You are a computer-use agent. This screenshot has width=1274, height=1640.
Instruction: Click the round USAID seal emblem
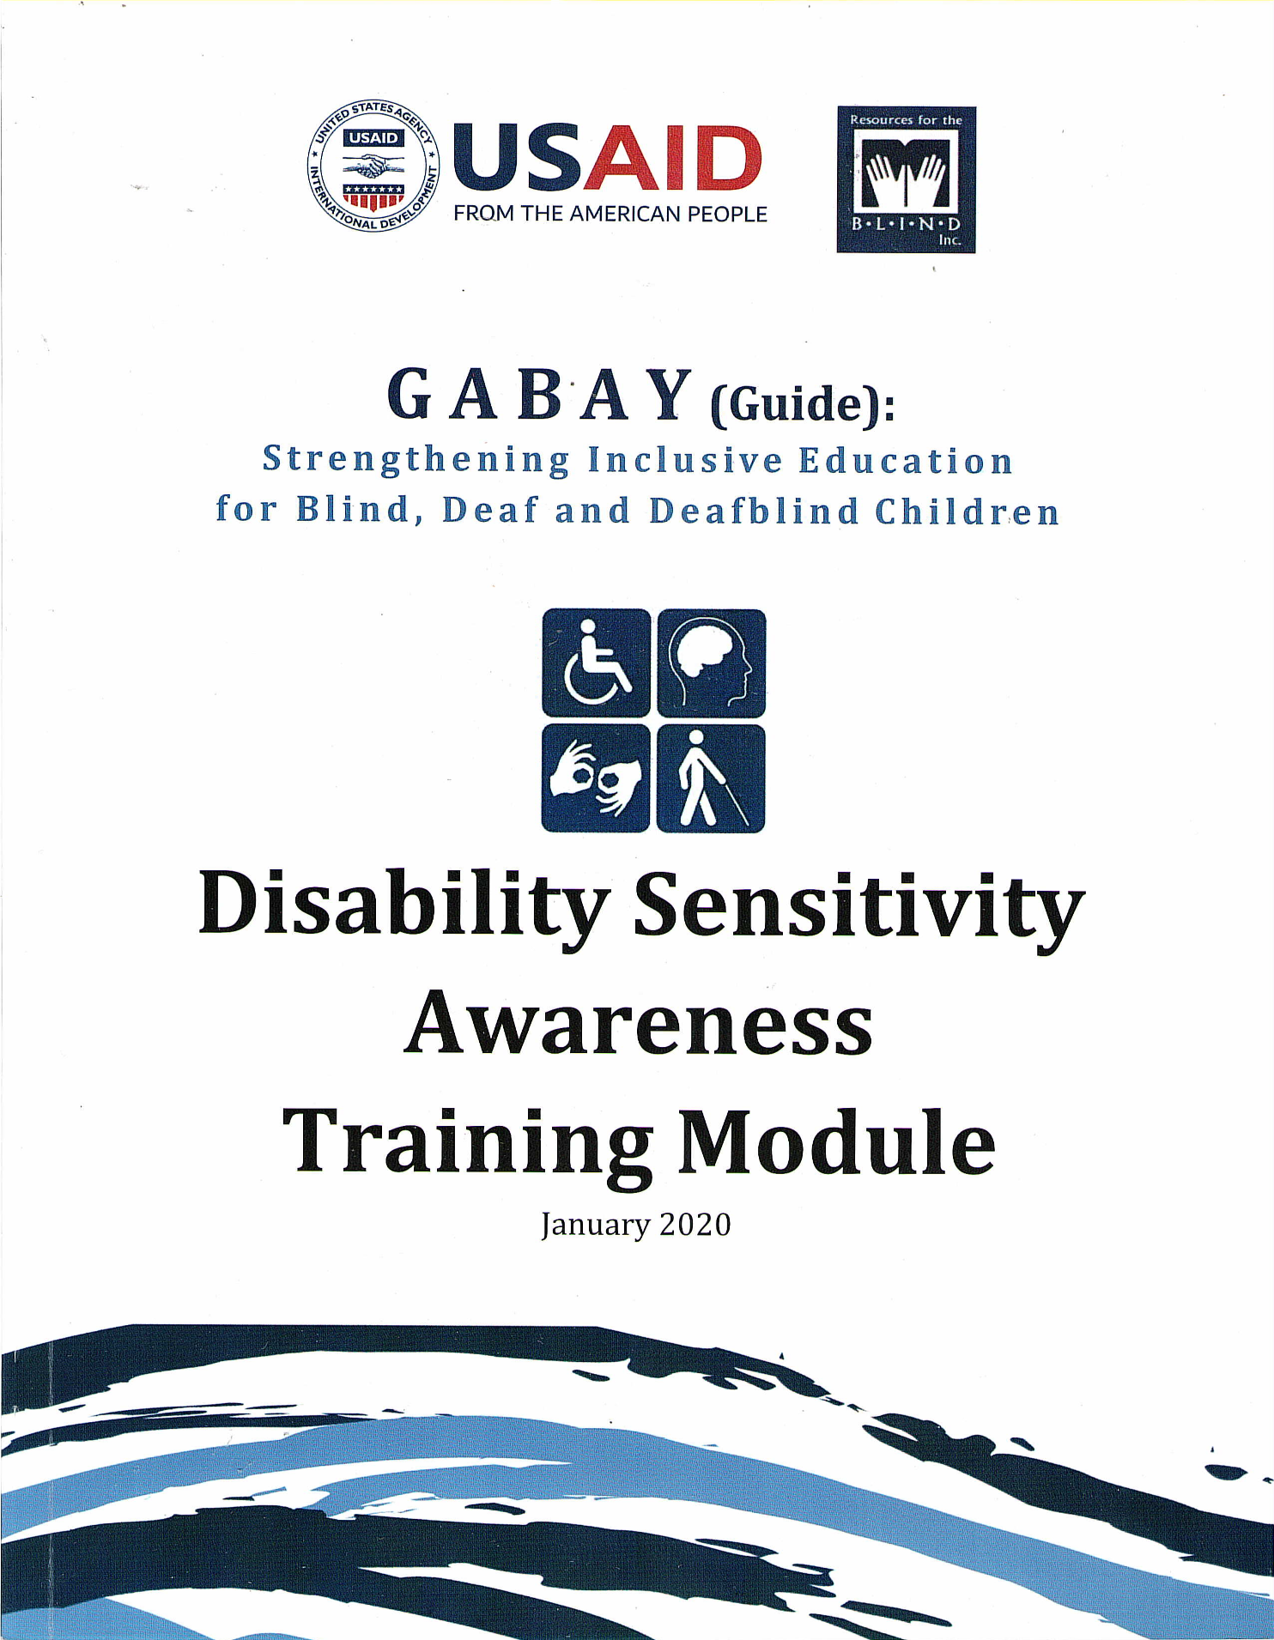(373, 165)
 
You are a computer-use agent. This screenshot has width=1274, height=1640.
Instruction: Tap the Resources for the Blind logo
(906, 179)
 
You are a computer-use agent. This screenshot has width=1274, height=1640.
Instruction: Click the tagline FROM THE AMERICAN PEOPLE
(610, 214)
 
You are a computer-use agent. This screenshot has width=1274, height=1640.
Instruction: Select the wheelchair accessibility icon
(596, 663)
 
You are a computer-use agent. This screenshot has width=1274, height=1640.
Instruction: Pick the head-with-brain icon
(711, 663)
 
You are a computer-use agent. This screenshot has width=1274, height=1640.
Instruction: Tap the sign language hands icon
(596, 778)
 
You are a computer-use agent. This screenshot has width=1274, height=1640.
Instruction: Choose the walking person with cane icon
(711, 778)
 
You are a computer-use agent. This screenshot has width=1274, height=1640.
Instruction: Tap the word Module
(837, 1141)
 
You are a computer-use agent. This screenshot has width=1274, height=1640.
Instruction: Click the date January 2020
(636, 1224)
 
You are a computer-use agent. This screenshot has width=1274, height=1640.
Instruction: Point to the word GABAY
(540, 395)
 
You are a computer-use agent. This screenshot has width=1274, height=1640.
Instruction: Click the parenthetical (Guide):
(803, 403)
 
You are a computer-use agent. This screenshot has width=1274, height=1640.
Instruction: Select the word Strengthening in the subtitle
(416, 461)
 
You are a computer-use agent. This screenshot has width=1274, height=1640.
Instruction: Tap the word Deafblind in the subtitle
(754, 511)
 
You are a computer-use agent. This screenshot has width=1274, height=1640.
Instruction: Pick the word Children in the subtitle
(968, 511)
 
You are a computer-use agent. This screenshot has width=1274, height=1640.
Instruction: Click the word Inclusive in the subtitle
(685, 461)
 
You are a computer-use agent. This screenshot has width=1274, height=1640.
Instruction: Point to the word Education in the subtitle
(907, 461)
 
